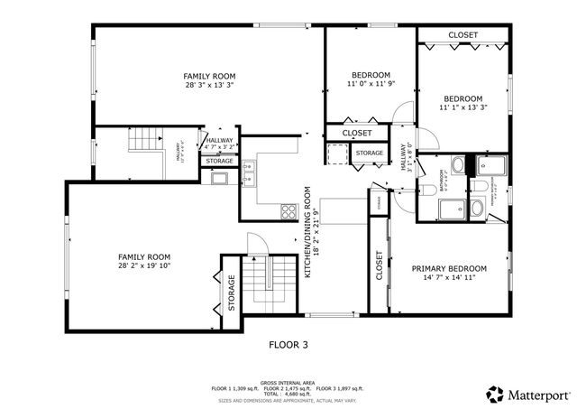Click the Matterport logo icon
click(x=494, y=394)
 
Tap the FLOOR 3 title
click(x=288, y=344)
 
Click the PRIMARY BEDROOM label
click(x=449, y=268)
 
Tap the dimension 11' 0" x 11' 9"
click(x=371, y=84)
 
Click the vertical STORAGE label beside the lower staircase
click(x=231, y=293)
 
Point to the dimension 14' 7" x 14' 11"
click(x=449, y=279)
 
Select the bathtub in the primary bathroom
click(x=449, y=209)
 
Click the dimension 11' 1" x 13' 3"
click(x=462, y=108)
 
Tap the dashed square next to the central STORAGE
click(x=337, y=154)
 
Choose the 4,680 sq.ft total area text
click(x=288, y=395)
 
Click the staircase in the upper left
click(x=144, y=141)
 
